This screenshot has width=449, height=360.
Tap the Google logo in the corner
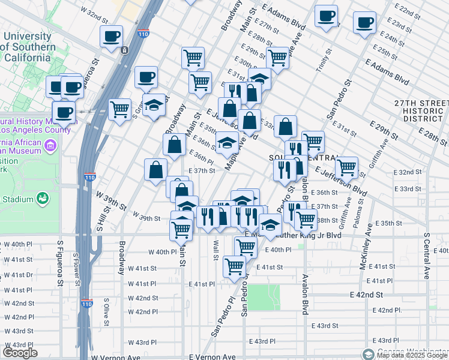(20, 353)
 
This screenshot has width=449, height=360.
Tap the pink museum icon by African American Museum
(50, 145)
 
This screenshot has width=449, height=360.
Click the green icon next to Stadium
(42, 198)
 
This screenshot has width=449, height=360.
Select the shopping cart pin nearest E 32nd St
(346, 166)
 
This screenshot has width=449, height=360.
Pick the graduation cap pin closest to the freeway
(154, 104)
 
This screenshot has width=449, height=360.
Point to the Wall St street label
(215, 245)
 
